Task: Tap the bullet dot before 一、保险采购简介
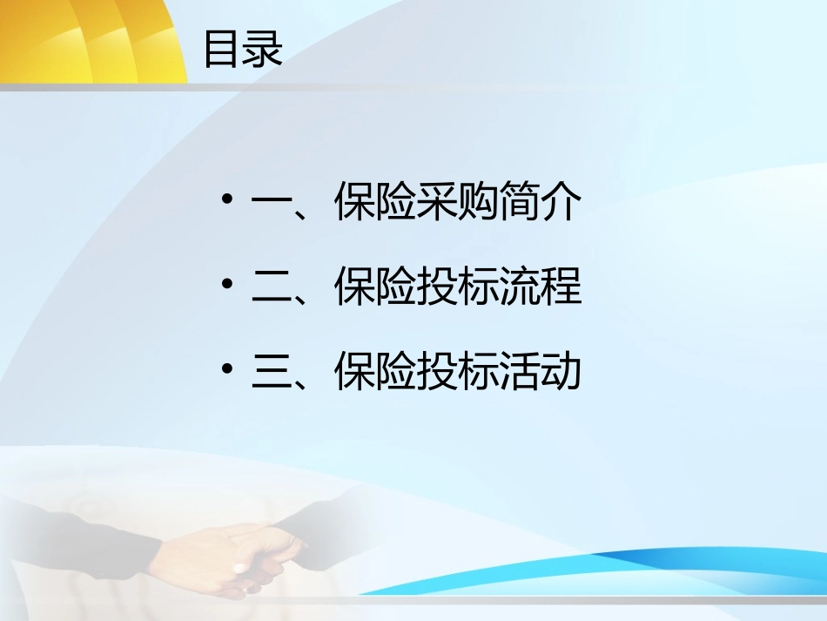point(227,202)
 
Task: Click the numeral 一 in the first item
point(271,205)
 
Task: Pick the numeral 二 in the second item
point(271,288)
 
